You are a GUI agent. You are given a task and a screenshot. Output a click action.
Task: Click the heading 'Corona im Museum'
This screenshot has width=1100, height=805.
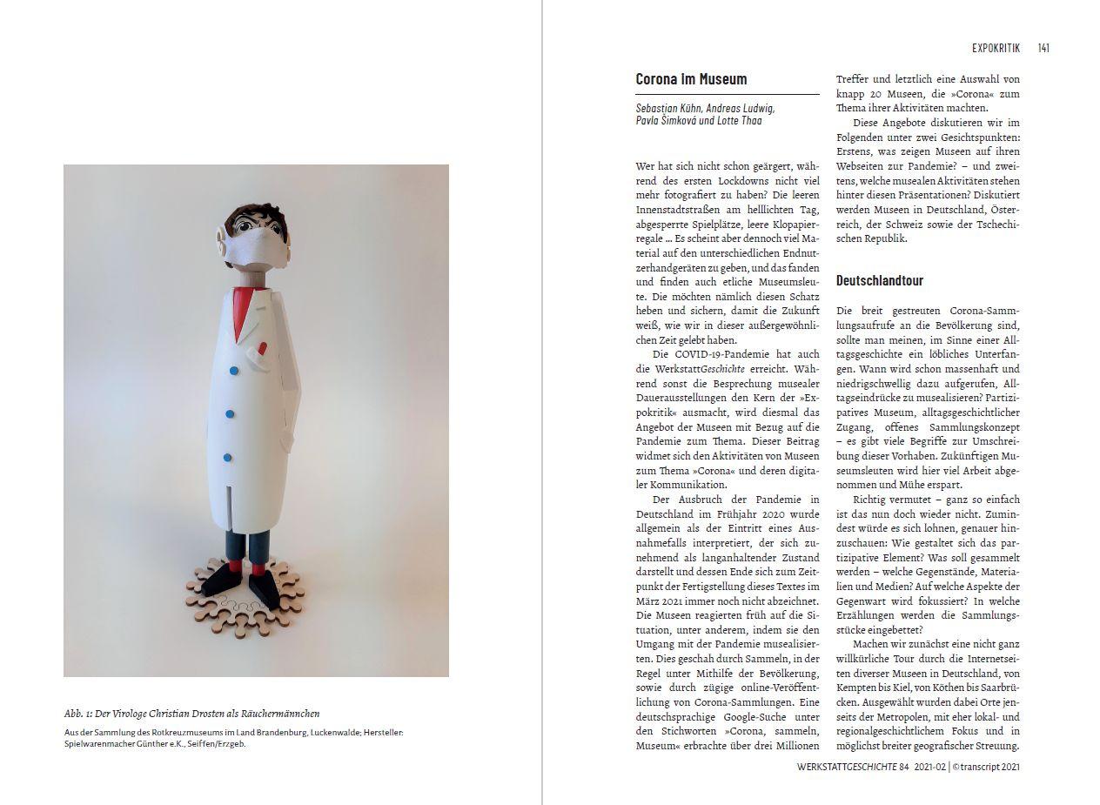pos(691,79)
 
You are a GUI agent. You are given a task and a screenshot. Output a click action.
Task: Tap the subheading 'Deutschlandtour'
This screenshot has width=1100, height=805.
pos(879,280)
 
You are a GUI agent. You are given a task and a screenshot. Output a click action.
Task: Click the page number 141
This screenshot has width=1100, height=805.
pos(1043,48)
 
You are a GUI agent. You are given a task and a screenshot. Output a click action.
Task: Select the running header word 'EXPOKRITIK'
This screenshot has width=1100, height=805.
pos(996,48)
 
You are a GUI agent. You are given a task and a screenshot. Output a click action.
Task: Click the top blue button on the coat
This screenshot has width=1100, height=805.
pos(233,371)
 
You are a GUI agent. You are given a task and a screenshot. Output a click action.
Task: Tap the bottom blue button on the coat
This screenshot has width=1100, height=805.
pos(227,457)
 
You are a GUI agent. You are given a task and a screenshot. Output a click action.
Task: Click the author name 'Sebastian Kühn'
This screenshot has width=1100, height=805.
pos(670,108)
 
